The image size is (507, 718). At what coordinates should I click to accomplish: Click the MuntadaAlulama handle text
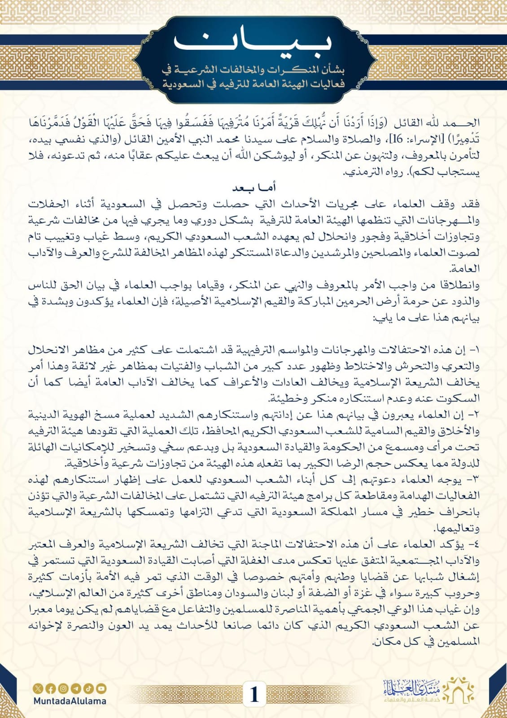click(70, 701)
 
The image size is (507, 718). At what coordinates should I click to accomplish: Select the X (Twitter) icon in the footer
click(38, 688)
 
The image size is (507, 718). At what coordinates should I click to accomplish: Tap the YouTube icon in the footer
click(101, 688)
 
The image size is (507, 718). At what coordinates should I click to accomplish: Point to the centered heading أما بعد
click(254, 188)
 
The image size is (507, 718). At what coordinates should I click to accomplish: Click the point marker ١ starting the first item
click(475, 350)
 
